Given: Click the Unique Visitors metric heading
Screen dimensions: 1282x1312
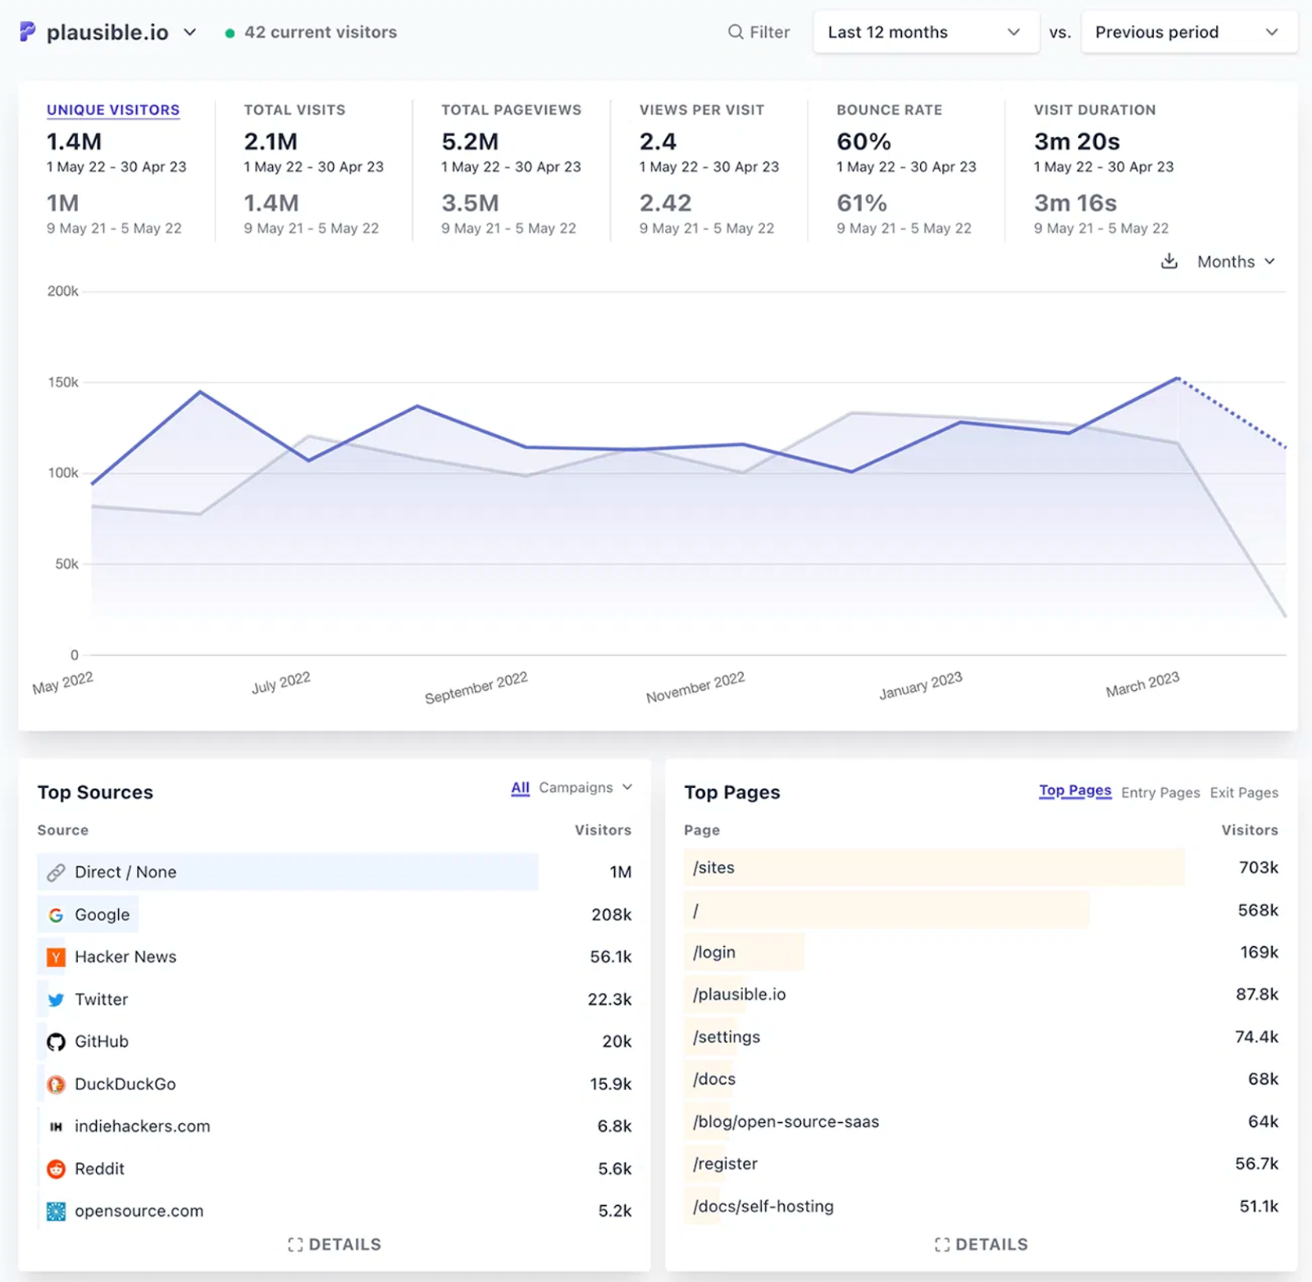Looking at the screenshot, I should point(113,110).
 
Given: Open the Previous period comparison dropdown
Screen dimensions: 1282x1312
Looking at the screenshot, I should point(1187,33).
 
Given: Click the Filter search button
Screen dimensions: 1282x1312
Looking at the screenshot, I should point(758,33).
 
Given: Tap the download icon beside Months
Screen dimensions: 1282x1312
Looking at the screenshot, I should point(1169,261).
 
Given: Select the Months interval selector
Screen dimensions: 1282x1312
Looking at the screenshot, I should point(1235,261).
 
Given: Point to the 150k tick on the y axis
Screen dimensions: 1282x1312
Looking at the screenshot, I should point(63,382).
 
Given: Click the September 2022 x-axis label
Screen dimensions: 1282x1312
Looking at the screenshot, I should point(476,688).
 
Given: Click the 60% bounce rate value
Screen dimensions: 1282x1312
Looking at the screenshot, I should point(863,142).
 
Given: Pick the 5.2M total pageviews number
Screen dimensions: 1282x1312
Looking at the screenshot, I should point(470,142).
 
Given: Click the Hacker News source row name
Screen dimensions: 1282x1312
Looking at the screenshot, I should point(125,957).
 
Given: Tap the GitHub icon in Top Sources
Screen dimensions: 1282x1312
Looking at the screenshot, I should point(56,1042).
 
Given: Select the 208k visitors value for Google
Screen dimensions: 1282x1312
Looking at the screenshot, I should point(611,915).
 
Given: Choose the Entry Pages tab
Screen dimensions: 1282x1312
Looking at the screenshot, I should point(1159,793).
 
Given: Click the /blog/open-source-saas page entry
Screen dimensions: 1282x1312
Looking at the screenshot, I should point(786,1121).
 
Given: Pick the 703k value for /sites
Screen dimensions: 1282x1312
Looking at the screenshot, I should point(1258,867).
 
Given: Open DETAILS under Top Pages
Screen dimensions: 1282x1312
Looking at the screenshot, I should point(981,1244).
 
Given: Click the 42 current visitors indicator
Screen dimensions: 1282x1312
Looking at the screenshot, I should point(320,33).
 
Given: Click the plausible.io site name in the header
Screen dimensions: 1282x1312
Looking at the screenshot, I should point(107,33).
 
